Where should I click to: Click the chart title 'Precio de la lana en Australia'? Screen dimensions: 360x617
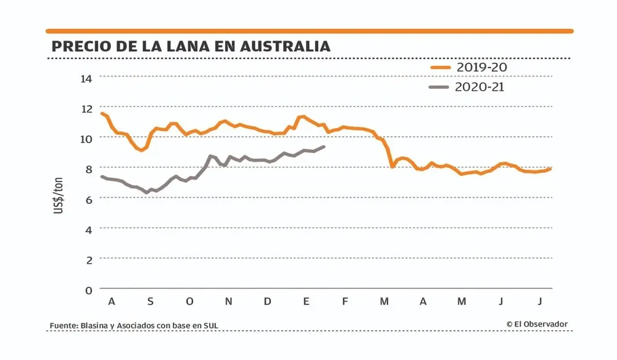coord(191,46)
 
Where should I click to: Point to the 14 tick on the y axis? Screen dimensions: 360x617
coord(86,78)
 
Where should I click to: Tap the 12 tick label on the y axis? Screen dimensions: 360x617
coord(86,108)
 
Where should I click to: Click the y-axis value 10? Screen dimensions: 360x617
coord(86,138)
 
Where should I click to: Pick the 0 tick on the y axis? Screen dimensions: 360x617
coord(88,289)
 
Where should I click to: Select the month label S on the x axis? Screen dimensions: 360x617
coord(150,301)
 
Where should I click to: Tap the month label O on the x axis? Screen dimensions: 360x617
coord(189,301)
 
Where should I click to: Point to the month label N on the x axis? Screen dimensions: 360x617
coord(228,301)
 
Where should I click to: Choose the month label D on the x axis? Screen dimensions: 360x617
coord(267,301)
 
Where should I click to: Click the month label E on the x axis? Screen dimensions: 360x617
coord(306,301)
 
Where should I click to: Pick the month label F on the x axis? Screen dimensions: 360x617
coord(345,301)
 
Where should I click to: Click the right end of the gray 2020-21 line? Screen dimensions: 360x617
coord(324,147)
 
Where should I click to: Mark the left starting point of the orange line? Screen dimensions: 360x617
coord(101,113)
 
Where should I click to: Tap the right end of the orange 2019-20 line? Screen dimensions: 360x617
coord(550,169)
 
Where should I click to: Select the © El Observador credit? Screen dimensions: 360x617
coord(537,324)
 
